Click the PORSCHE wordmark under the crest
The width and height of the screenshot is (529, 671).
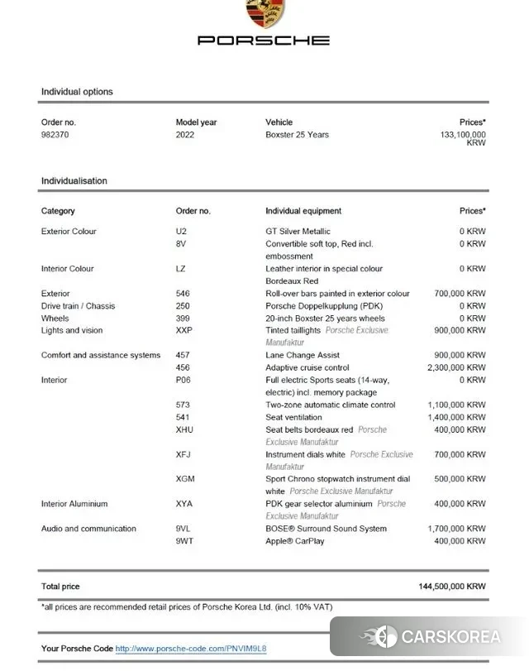264,40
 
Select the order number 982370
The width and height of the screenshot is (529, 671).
55,134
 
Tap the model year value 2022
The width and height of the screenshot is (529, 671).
185,134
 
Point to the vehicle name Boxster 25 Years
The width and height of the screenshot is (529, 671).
297,134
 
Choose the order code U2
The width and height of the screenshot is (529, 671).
181,232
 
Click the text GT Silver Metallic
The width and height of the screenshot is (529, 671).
298,232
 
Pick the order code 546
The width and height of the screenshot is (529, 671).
183,294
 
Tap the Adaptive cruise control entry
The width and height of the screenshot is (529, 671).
307,367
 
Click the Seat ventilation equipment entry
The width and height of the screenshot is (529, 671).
293,417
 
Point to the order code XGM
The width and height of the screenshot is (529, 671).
185,479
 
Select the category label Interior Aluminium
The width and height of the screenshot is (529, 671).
74,504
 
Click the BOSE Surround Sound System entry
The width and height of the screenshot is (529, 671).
326,529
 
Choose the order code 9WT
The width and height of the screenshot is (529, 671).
184,541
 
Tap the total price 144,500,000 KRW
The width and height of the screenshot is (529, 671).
452,586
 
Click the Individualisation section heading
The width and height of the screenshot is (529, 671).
74,180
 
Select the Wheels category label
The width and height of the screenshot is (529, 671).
55,319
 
